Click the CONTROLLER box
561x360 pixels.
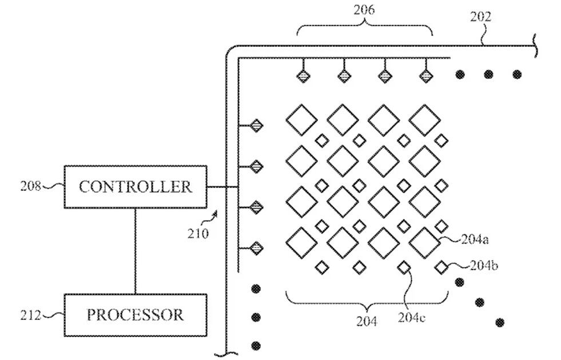coord(135,187)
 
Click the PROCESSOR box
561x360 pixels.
coord(135,315)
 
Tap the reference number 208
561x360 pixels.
coord(31,186)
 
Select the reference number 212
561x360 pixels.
coord(31,314)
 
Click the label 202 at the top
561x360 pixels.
coord(480,17)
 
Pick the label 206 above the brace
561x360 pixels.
coord(364,10)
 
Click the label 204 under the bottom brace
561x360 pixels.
coord(367,321)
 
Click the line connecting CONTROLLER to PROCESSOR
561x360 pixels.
coord(135,251)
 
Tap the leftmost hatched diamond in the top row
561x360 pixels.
coord(303,75)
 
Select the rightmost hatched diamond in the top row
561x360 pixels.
coord(425,75)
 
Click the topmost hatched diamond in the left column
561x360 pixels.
coord(257,125)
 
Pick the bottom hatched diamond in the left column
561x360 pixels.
coord(257,248)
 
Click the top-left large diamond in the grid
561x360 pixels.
coord(301,120)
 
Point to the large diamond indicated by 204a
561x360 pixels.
coord(425,243)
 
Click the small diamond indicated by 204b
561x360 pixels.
coord(441,267)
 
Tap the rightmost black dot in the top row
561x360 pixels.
coord(517,74)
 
